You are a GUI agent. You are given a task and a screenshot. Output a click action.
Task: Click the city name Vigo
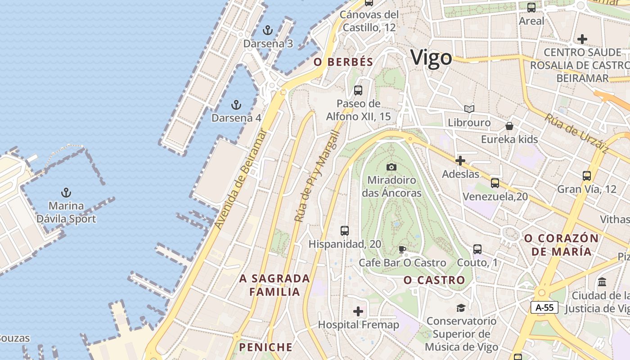click(431, 58)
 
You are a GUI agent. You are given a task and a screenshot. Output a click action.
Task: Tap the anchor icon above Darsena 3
click(268, 31)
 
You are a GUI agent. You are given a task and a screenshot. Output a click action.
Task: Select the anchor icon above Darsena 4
click(236, 105)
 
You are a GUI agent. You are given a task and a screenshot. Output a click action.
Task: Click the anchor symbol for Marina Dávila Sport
click(66, 193)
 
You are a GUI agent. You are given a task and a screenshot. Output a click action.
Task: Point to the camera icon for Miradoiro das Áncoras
click(391, 167)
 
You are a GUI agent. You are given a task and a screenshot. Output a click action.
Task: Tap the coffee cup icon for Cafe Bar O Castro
click(402, 249)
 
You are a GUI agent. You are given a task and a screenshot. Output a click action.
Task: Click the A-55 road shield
click(544, 308)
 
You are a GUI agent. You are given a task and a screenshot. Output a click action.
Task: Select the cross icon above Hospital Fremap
click(358, 311)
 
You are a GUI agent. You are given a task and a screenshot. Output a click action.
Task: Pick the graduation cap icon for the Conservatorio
click(461, 308)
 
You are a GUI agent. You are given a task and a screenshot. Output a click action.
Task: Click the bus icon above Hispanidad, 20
click(345, 231)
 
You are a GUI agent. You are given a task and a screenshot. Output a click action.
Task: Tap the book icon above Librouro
click(469, 109)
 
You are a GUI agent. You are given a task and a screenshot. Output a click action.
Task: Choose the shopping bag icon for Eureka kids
click(509, 126)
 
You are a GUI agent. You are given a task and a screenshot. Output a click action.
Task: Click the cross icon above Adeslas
click(460, 161)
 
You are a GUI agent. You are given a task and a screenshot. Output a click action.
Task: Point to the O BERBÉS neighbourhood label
click(343, 62)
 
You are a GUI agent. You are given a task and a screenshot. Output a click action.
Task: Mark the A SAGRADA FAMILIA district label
click(274, 285)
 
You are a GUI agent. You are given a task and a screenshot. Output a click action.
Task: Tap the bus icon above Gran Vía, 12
click(587, 176)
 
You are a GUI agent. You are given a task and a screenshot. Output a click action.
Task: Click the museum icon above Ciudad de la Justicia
click(602, 282)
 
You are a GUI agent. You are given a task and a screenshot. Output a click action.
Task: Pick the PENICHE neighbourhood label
click(265, 347)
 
